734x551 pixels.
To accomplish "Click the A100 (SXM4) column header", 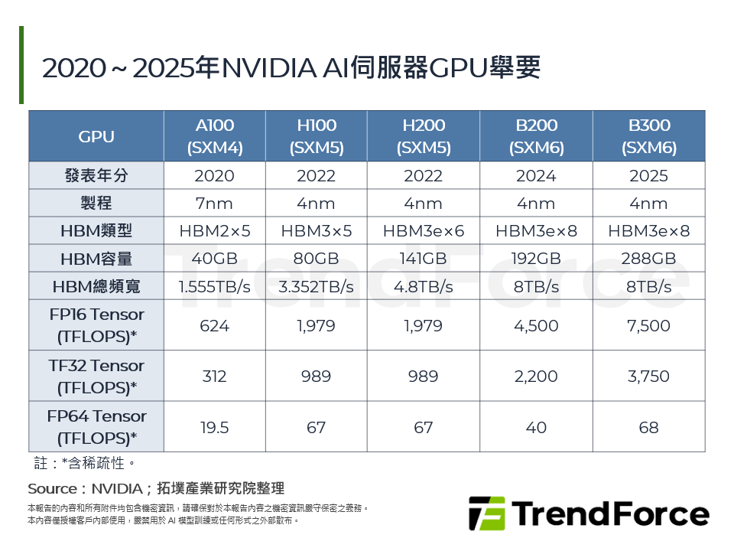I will [x=214, y=136].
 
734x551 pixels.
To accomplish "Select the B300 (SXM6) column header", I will [x=649, y=136].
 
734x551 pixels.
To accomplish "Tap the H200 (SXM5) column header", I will [x=423, y=136].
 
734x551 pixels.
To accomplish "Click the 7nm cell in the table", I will [x=214, y=204].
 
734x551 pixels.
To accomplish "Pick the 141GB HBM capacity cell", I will [x=423, y=259].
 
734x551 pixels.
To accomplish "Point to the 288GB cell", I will [x=649, y=259].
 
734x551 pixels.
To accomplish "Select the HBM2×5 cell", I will [x=214, y=231].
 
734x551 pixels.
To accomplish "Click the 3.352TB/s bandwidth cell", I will [x=317, y=287].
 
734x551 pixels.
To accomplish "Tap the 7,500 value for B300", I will [x=649, y=325].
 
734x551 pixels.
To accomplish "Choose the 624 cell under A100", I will [x=214, y=325].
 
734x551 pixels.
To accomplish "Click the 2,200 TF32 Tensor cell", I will [x=536, y=377].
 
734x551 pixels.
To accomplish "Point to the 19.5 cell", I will [x=214, y=427].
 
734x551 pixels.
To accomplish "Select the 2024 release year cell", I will [x=536, y=176].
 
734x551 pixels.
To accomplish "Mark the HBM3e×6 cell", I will [x=423, y=231].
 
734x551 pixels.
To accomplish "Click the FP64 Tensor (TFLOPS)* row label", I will [x=96, y=427].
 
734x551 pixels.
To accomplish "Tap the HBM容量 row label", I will [x=96, y=259].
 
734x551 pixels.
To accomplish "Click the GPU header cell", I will [x=96, y=136].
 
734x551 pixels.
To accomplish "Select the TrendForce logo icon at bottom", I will [x=486, y=514].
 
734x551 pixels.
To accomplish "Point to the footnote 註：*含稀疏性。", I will [x=85, y=464].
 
